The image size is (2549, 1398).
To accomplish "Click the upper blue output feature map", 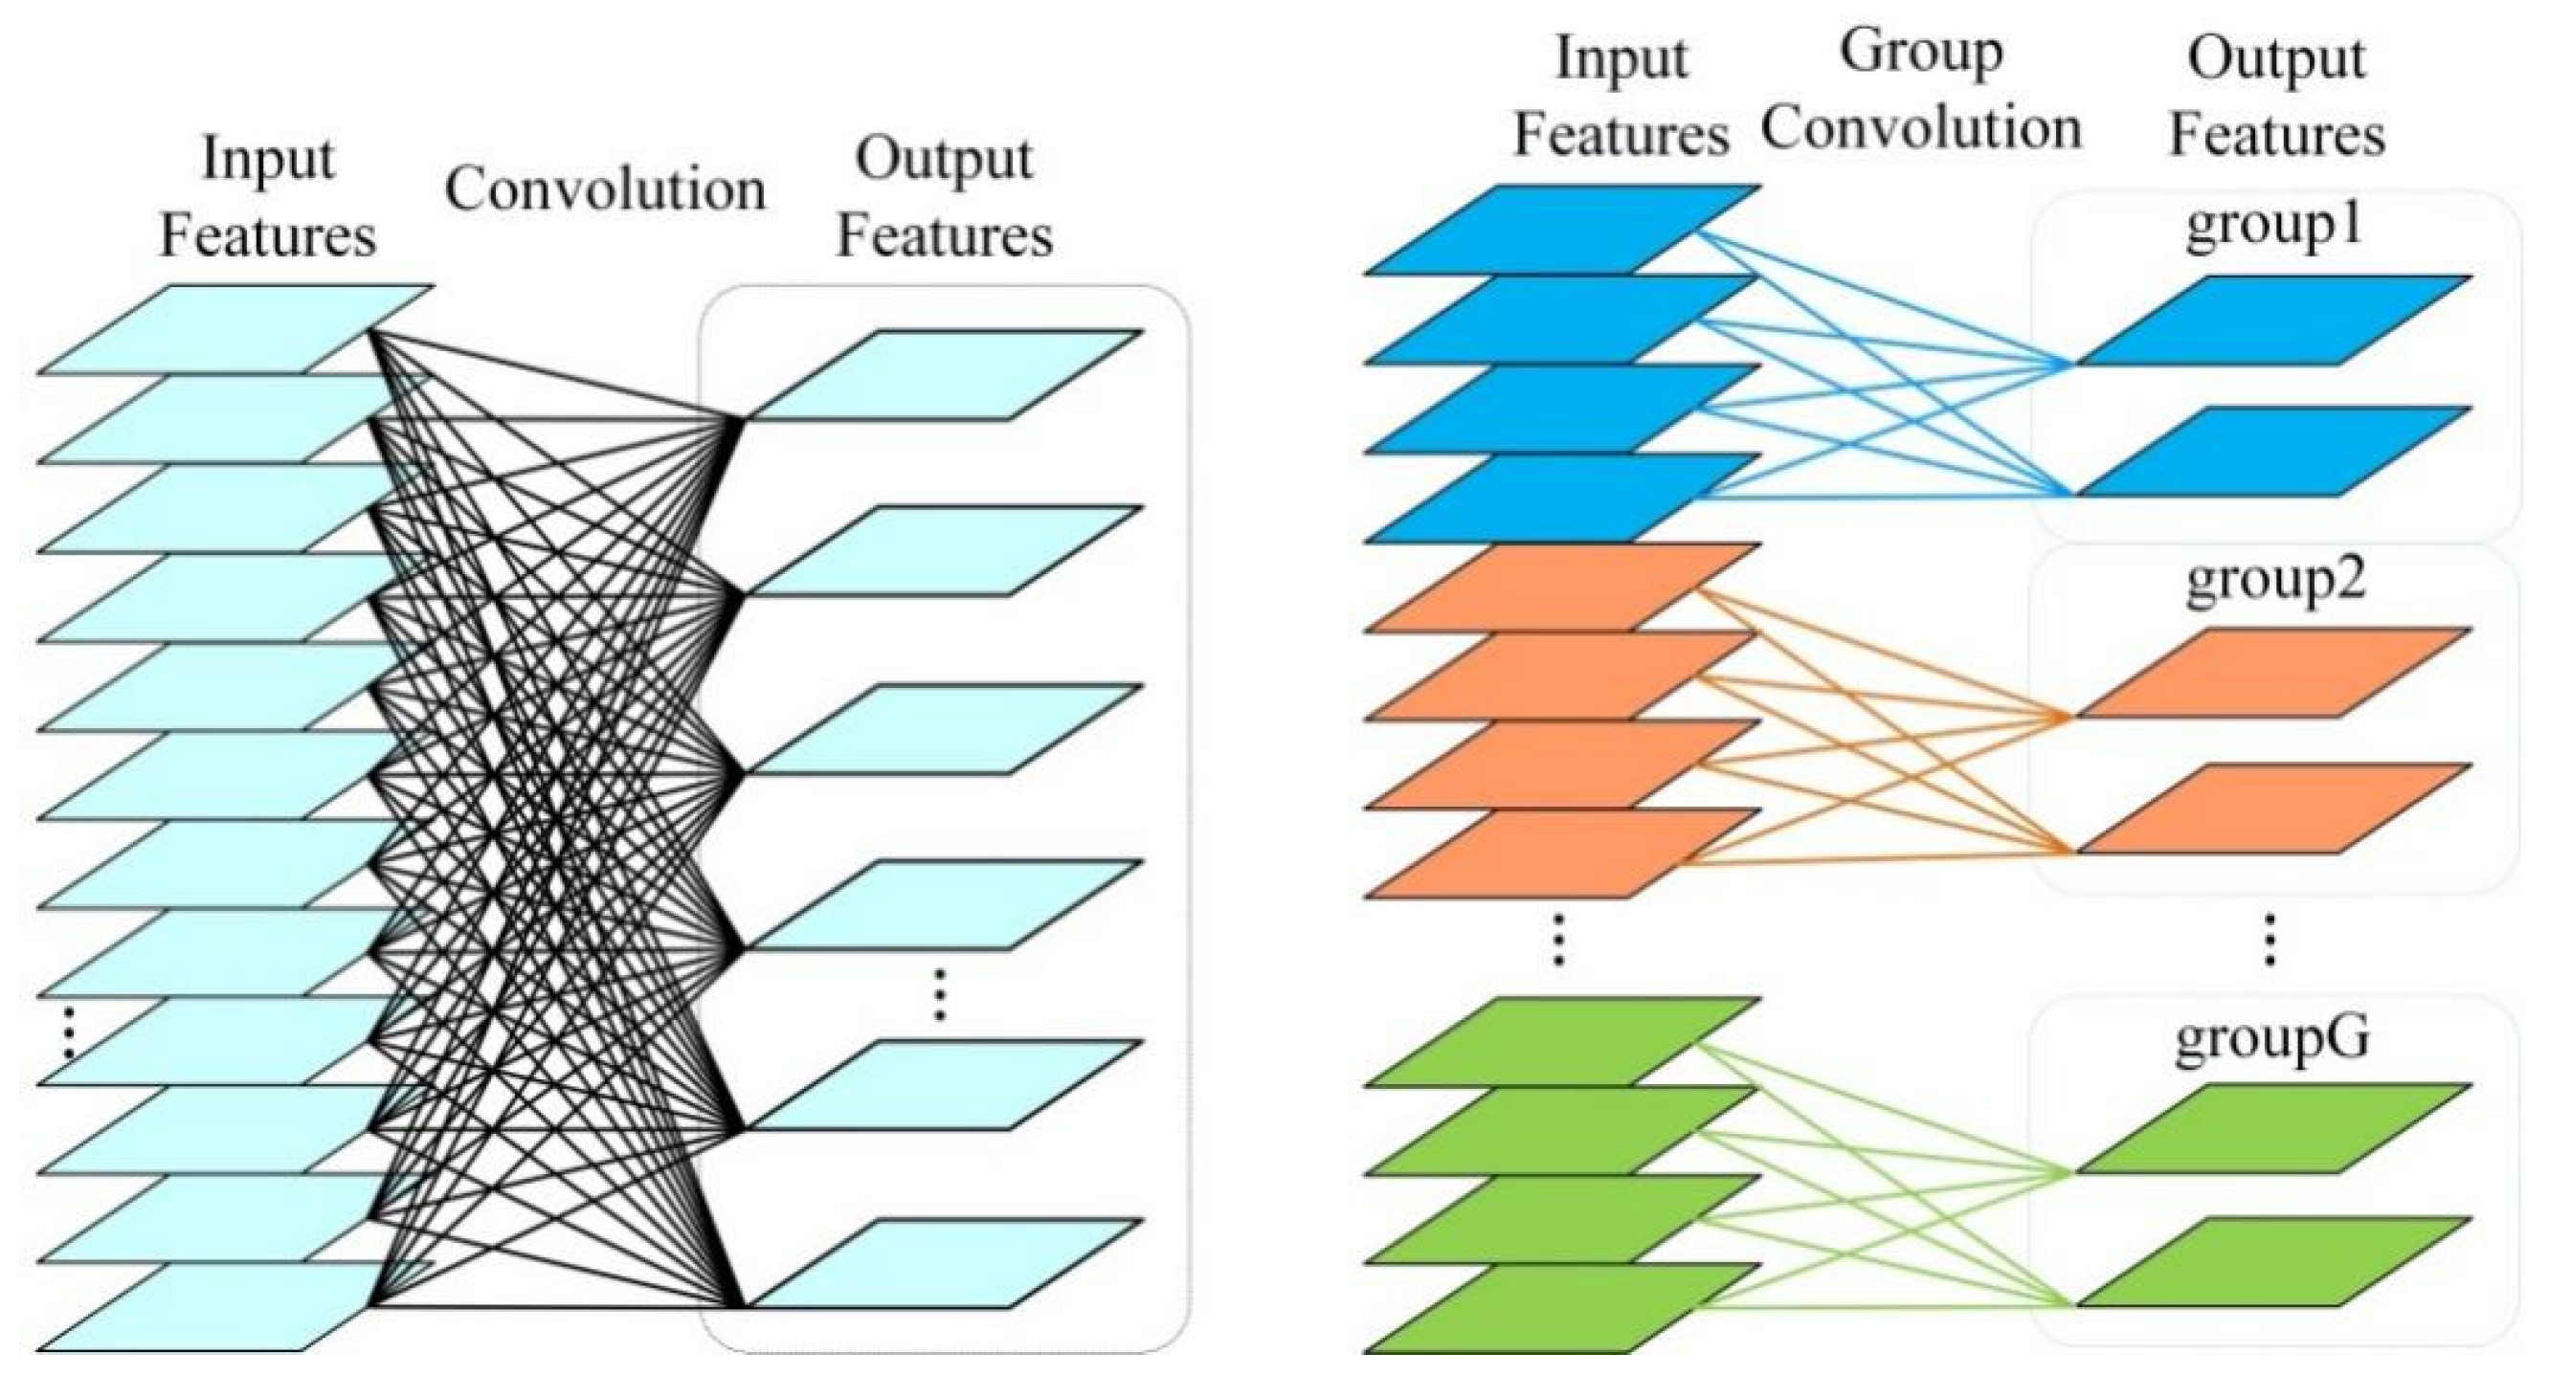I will tap(2274, 321).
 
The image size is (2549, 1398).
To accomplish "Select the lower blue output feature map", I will tap(2274, 451).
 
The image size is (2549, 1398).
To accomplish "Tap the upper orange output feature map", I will tap(2274, 673).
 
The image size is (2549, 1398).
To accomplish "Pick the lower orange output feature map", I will tap(2274, 809).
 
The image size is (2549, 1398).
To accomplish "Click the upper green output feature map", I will tap(2274, 1129).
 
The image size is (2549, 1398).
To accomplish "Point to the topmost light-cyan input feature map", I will tap(235, 328).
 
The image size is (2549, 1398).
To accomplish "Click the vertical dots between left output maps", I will tap(940, 994).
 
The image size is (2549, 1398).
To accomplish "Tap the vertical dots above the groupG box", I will tap(2269, 940).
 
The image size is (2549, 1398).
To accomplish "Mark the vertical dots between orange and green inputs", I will tap(1558, 940).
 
